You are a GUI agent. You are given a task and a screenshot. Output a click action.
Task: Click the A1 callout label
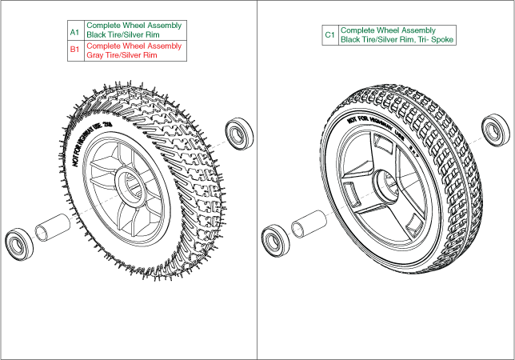[x=74, y=31]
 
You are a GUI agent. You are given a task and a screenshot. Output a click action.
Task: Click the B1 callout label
[x=74, y=50]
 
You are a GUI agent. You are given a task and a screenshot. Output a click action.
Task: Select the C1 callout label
[x=329, y=35]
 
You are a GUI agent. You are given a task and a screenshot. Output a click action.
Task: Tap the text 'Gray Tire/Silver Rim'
[x=120, y=56]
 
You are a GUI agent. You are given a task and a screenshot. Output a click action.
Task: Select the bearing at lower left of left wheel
[x=18, y=242]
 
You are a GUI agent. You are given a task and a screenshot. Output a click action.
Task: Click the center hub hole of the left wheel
[x=131, y=182]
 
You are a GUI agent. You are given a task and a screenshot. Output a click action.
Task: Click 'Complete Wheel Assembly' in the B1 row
[x=134, y=46]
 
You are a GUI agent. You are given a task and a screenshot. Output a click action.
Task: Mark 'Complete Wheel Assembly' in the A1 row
[x=134, y=26]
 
